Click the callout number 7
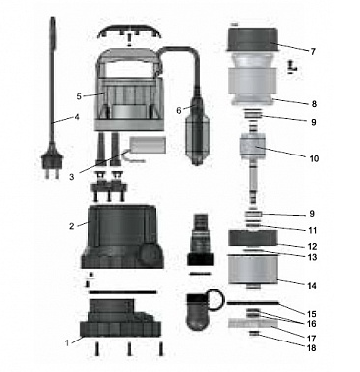pyautogui.click(x=312, y=52)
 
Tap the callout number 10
pyautogui.click(x=314, y=159)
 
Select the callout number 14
pyautogui.click(x=312, y=286)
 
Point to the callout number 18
pyautogui.click(x=312, y=348)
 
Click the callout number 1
pyautogui.click(x=67, y=343)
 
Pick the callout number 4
pyautogui.click(x=77, y=117)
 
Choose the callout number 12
pyautogui.click(x=312, y=246)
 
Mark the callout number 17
pyautogui.click(x=312, y=338)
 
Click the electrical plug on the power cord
pyautogui.click(x=51, y=164)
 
